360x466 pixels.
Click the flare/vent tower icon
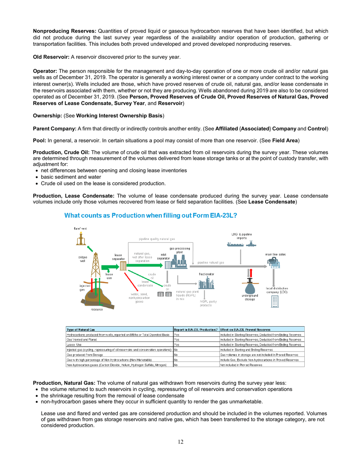point(81,238)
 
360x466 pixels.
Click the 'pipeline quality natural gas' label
point(157,239)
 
